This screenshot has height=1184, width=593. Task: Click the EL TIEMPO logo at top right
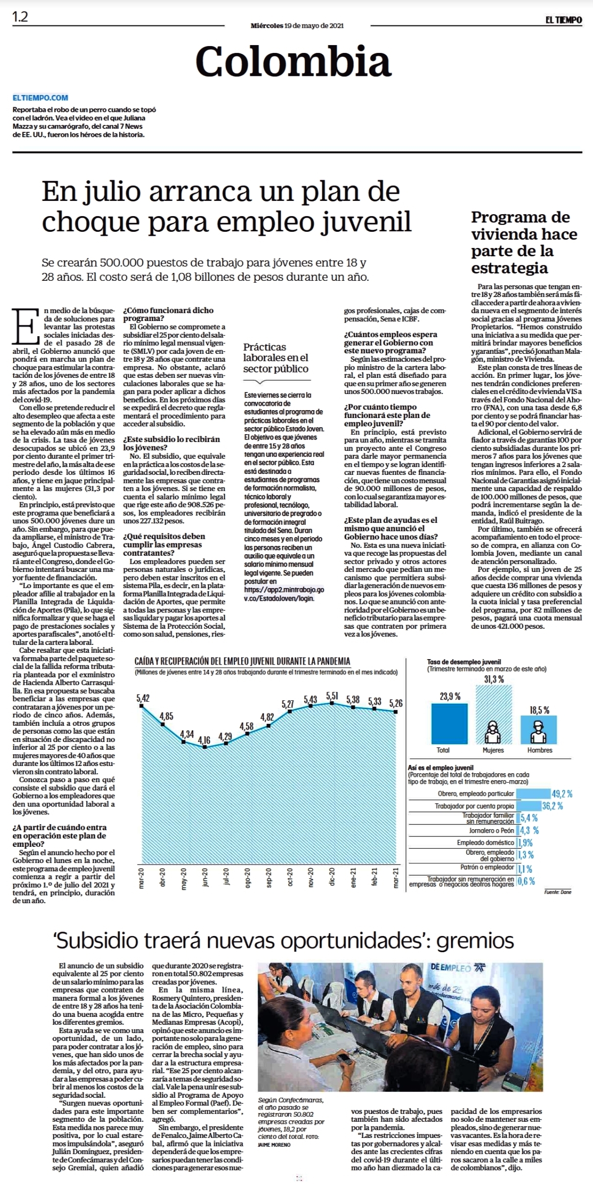click(564, 20)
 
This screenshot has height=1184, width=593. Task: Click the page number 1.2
click(20, 17)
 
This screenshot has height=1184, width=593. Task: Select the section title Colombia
click(293, 61)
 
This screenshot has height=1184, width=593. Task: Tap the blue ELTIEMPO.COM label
click(40, 98)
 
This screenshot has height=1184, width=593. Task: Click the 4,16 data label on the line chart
click(204, 740)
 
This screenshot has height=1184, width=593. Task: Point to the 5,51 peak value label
click(332, 696)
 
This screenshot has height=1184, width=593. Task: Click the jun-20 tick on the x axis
click(205, 877)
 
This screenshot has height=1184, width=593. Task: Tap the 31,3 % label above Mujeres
click(494, 679)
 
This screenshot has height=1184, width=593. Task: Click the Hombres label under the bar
click(540, 750)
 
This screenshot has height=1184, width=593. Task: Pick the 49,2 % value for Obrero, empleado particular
click(562, 794)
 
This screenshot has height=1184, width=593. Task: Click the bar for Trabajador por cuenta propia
click(529, 806)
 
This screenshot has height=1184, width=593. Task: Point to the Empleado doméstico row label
click(485, 843)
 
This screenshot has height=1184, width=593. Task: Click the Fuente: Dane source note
click(558, 892)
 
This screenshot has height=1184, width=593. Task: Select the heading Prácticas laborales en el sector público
click(276, 358)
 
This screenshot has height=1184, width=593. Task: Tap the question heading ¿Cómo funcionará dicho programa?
click(168, 314)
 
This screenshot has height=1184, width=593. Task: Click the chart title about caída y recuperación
click(243, 661)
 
